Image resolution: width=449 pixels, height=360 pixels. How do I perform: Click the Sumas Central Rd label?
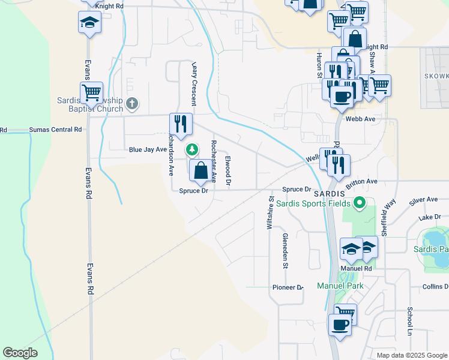(55, 130)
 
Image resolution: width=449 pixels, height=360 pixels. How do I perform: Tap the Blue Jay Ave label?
(146, 149)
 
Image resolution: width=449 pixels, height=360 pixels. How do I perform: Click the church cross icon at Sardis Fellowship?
(133, 104)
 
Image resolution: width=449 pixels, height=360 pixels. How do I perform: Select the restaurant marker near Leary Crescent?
(181, 124)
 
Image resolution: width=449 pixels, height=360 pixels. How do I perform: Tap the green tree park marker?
(192, 149)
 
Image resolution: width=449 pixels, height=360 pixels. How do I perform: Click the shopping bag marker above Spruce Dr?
(201, 170)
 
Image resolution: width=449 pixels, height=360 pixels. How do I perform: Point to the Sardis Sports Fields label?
(313, 203)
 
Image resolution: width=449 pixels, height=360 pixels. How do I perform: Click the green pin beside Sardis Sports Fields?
(360, 203)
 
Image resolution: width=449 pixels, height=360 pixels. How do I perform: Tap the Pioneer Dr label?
(288, 287)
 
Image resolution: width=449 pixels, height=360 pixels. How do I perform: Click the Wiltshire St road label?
(270, 213)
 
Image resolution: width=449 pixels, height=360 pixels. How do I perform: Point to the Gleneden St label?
(286, 251)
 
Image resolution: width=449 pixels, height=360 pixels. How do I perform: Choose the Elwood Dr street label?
(228, 170)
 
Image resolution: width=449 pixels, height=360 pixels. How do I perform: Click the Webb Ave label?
(360, 119)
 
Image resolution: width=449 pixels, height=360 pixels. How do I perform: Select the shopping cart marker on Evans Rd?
(91, 93)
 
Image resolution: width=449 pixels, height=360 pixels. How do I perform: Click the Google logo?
(20, 353)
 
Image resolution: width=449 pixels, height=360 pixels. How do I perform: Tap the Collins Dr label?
(435, 287)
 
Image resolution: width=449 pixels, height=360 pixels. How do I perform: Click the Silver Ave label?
(423, 199)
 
